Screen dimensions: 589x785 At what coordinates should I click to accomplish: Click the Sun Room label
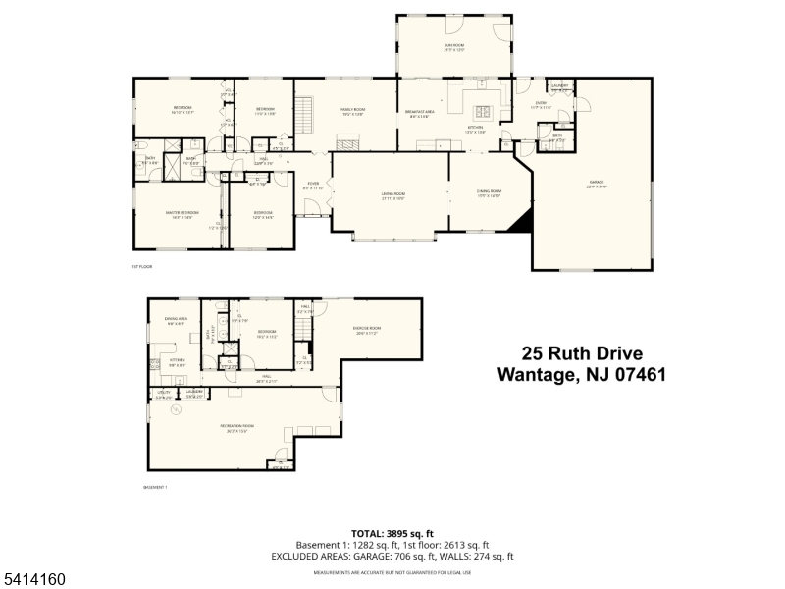(x=454, y=45)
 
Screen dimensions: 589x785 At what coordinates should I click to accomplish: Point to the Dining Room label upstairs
(x=489, y=194)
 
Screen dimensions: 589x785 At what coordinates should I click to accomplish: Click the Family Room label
(x=353, y=111)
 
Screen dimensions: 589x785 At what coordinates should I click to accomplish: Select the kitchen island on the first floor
(x=482, y=110)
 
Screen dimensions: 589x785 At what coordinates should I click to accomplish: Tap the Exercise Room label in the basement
(x=368, y=330)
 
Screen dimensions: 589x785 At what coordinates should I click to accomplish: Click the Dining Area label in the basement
(x=176, y=319)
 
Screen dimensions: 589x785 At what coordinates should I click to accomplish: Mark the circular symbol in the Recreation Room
(x=176, y=411)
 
